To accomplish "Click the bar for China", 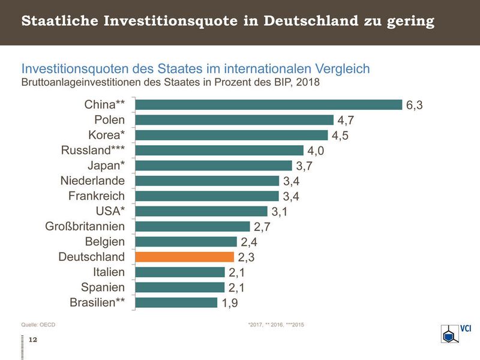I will tap(268, 104).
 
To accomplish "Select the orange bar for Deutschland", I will tap(184, 257).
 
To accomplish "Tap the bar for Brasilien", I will tap(176, 302).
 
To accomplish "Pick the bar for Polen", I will tap(234, 120).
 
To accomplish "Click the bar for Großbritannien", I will tap(192, 226).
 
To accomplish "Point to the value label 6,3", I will tap(415, 105).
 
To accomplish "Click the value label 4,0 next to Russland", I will tap(316, 151).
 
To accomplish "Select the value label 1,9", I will tap(230, 303).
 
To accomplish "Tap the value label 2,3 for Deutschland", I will tap(246, 257).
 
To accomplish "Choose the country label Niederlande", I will tap(92, 181).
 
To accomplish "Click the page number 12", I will tap(33, 340).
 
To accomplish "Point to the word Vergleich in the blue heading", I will tap(341, 68).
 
